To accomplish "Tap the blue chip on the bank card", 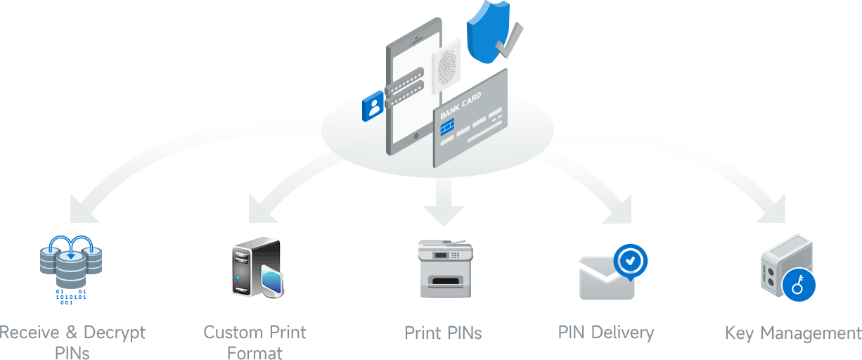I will pos(446,127).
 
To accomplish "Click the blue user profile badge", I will pos(373,107).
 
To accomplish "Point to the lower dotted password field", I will pos(406,96).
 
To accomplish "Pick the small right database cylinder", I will pos(93,255).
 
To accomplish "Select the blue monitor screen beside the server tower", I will pos(272,281).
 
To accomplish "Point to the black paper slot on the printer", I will pos(446,282).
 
